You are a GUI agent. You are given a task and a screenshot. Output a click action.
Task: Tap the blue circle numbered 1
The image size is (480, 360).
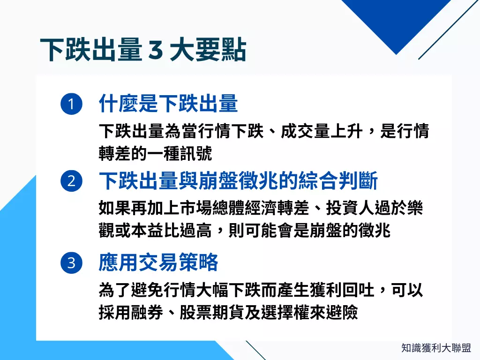pos(71,104)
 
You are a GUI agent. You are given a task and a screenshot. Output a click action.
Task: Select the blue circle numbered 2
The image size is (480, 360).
pos(71,181)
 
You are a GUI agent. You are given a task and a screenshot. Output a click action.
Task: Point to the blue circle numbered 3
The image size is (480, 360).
pos(71,263)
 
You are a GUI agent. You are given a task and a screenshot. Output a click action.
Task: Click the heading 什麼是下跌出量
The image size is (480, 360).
pos(168,104)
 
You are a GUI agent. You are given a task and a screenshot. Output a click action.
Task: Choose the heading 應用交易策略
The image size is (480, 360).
pos(158,263)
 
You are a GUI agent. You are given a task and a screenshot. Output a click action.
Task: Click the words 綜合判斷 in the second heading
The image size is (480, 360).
pos(337,181)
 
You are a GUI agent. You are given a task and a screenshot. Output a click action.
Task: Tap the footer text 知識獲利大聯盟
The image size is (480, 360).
pos(436,348)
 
